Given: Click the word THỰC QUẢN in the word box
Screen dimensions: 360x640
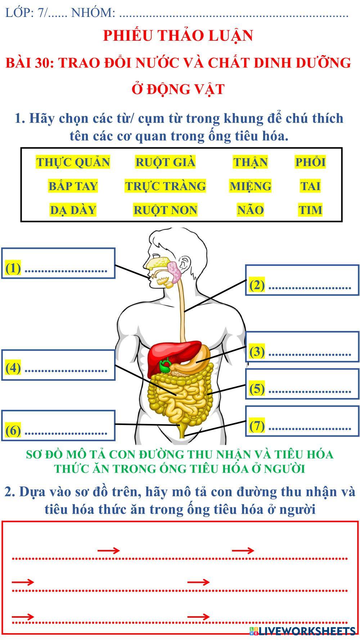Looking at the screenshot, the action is (73, 162).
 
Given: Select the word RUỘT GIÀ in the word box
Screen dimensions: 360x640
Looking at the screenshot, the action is (165, 162).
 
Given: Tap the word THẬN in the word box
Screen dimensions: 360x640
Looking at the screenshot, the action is (250, 162).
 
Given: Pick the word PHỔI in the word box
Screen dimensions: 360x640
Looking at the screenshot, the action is (310, 162).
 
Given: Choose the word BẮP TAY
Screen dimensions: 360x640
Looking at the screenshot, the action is (73, 186).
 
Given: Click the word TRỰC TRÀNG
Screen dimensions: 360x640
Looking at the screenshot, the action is (165, 186).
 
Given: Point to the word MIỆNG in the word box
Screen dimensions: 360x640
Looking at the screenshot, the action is (250, 186).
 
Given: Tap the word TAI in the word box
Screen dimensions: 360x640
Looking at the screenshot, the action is (310, 186).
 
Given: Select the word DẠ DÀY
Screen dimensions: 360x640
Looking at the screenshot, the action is (73, 210).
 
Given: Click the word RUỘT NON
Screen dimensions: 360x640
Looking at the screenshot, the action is (165, 210).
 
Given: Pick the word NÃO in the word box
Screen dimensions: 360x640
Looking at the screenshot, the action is (250, 210).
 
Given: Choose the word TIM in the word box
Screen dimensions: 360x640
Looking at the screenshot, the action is (310, 210).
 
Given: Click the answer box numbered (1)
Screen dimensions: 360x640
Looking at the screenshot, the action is (58, 263).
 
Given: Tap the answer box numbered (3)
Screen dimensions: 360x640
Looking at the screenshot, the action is (302, 347).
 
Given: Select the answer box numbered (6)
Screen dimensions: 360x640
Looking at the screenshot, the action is (58, 425).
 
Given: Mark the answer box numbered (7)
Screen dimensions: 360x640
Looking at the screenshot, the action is (302, 421).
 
